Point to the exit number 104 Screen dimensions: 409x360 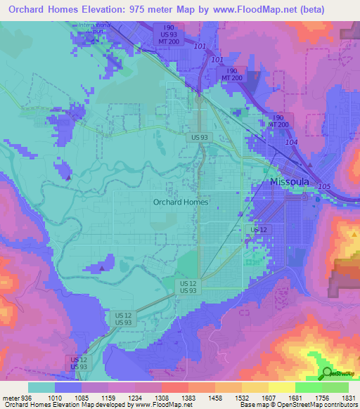coord(291,142)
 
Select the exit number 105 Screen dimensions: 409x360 coord(323,186)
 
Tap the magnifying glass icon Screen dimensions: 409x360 coord(328,374)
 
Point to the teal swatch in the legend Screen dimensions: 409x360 coord(41,387)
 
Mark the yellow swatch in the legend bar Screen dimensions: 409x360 coord(281,387)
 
